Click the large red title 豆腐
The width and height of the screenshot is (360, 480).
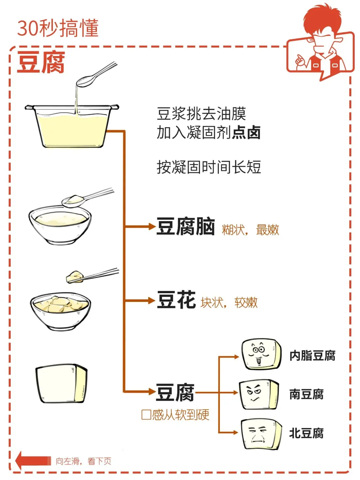click(41, 62)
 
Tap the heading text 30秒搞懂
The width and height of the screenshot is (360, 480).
click(58, 28)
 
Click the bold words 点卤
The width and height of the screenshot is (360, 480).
click(247, 132)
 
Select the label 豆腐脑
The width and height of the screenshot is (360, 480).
click(186, 226)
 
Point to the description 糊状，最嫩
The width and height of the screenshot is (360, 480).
click(250, 229)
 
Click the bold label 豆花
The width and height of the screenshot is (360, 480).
click(176, 300)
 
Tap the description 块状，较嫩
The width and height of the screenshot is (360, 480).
click(229, 302)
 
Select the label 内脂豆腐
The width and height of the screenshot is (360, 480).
click(312, 356)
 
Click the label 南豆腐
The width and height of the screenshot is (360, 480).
click(306, 394)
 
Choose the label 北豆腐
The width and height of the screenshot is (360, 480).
click(306, 433)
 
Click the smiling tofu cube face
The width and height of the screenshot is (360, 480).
click(261, 354)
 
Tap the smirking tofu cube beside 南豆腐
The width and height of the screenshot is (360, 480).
click(258, 394)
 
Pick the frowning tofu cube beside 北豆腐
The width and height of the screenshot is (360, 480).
click(260, 434)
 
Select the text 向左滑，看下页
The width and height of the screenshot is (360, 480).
click(83, 461)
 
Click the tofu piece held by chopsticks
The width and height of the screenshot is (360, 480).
click(75, 277)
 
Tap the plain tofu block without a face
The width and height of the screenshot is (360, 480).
click(61, 383)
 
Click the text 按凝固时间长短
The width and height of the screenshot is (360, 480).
click(209, 167)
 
